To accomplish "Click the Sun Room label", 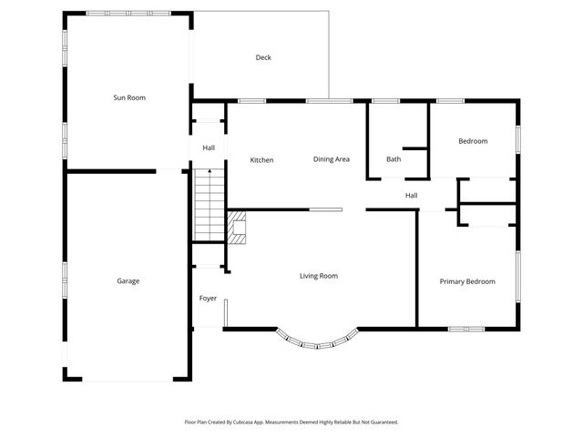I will pyautogui.click(x=128, y=97).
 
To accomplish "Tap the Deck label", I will pyautogui.click(x=263, y=57).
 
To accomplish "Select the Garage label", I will pyautogui.click(x=128, y=281).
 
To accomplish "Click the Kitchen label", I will pyautogui.click(x=261, y=160).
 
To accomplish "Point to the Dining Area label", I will pyautogui.click(x=332, y=159).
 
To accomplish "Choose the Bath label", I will pyautogui.click(x=394, y=159).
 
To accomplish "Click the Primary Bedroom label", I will pyautogui.click(x=467, y=281).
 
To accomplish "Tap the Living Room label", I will pyautogui.click(x=319, y=275).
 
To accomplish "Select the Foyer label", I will pyautogui.click(x=209, y=299).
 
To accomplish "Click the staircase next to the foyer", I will pyautogui.click(x=209, y=206).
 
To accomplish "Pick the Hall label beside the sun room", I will pyautogui.click(x=209, y=148).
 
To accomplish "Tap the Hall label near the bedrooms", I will pyautogui.click(x=412, y=195).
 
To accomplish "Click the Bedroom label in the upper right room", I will pyautogui.click(x=473, y=141).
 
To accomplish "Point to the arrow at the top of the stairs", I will pyautogui.click(x=209, y=172).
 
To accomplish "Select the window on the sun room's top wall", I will pyautogui.click(x=128, y=13).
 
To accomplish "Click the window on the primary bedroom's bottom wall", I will pyautogui.click(x=467, y=328).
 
